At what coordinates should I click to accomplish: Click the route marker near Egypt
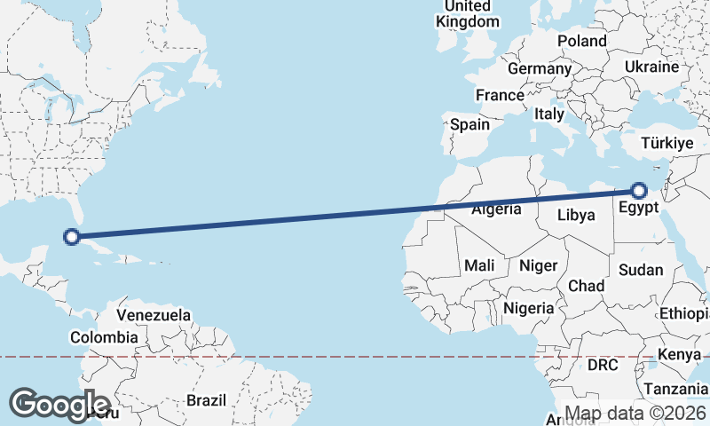point(639,189)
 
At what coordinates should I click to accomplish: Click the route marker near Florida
point(73,237)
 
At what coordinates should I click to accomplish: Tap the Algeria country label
point(496,210)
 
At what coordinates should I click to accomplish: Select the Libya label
point(576,215)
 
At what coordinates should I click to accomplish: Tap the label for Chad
point(586,286)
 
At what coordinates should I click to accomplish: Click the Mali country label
point(479,265)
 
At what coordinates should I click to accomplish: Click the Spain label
point(469,124)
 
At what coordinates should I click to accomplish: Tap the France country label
point(500,95)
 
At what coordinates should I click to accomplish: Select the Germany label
point(540,68)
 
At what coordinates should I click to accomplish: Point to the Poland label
point(582,41)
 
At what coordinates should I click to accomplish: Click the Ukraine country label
point(651,67)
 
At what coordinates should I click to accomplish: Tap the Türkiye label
point(667,143)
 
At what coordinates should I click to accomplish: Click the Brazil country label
point(207,400)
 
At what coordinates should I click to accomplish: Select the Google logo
point(60,404)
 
